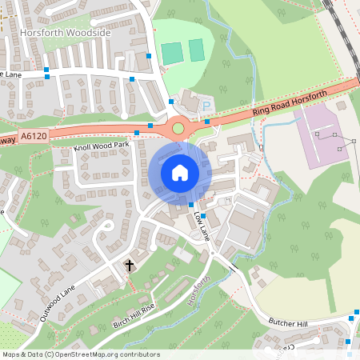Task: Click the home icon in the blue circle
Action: click(180, 172)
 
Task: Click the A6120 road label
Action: click(36, 137)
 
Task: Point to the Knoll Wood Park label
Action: click(101, 146)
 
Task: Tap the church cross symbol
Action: click(129, 265)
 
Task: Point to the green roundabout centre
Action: click(178, 128)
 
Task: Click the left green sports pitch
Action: click(172, 53)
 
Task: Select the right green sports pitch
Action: click(197, 50)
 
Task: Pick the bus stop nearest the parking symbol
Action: click(207, 122)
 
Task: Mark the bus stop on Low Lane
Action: click(203, 216)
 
